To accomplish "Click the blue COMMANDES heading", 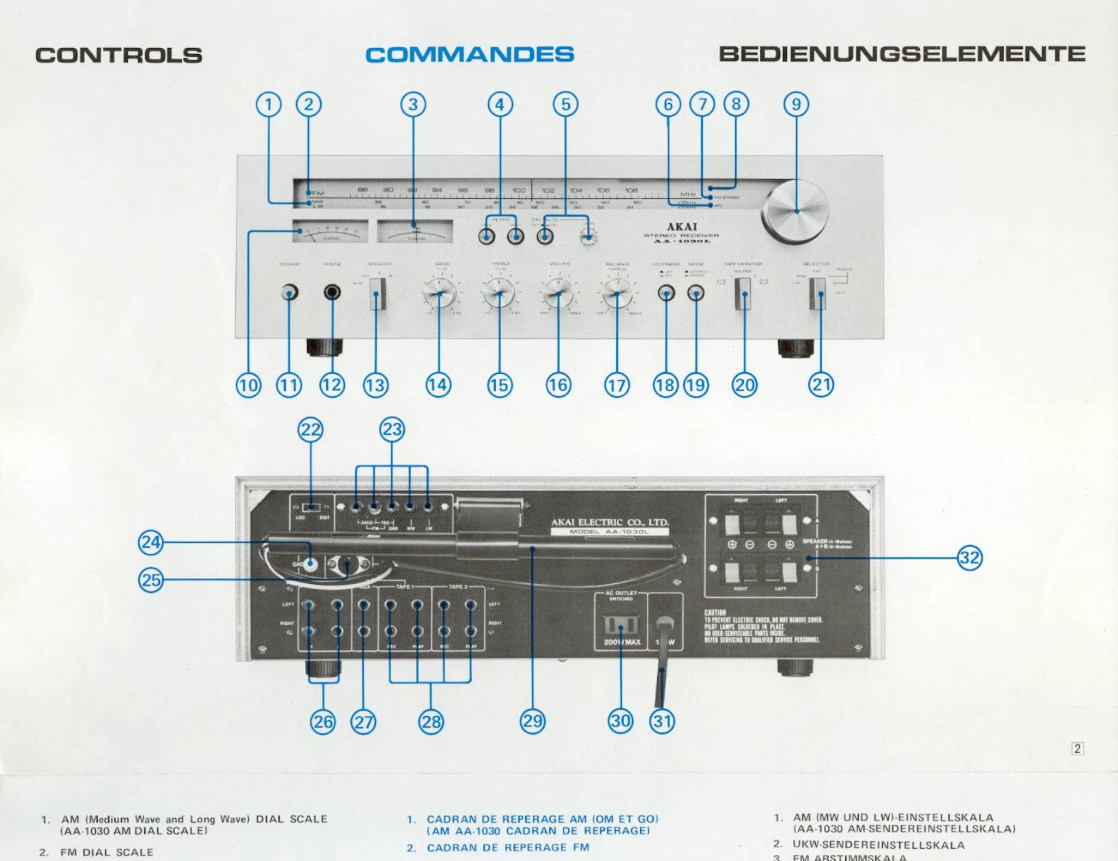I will [x=469, y=55].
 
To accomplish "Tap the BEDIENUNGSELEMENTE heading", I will [x=902, y=54].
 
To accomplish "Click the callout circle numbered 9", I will [x=796, y=105].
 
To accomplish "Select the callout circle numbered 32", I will [x=970, y=557].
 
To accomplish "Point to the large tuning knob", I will [x=795, y=211].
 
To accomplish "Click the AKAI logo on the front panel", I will [x=682, y=227].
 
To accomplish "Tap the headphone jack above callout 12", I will [x=332, y=293].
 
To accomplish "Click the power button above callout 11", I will [x=289, y=293].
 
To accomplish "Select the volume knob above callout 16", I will [x=559, y=294].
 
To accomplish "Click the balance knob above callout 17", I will [x=617, y=294].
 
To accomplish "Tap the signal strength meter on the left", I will [x=330, y=231].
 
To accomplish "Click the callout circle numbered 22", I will [x=310, y=429].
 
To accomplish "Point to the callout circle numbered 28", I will [x=431, y=721].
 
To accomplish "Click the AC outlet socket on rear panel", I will [x=621, y=625].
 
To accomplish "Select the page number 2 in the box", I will [x=1077, y=748].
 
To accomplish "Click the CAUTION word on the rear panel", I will [x=715, y=613].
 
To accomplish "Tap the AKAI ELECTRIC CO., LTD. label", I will [x=609, y=522].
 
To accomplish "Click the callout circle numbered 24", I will [x=150, y=543].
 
